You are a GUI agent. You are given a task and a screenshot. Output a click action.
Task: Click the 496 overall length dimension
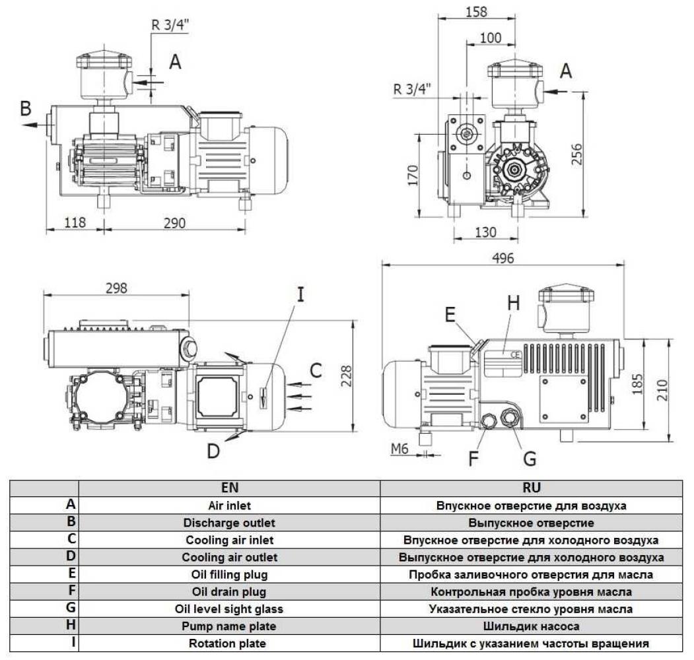(x=503, y=258)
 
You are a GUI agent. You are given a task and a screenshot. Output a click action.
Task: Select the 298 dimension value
(x=116, y=288)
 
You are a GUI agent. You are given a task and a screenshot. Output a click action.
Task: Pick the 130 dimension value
(x=485, y=232)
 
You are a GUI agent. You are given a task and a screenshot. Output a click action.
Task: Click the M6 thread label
(x=399, y=449)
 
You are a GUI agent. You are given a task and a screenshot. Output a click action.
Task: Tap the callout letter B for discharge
(x=26, y=109)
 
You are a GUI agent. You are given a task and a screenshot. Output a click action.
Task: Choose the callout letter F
(x=474, y=457)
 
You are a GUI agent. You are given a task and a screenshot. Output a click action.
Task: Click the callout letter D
(x=213, y=451)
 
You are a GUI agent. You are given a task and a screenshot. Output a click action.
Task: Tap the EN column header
(x=229, y=488)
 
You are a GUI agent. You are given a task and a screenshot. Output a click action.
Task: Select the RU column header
(x=531, y=488)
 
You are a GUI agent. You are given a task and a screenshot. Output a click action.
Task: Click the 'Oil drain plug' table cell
(x=229, y=591)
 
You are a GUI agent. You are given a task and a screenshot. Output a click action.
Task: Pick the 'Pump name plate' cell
(x=229, y=626)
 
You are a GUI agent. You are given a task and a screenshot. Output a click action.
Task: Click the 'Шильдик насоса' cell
(x=531, y=626)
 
